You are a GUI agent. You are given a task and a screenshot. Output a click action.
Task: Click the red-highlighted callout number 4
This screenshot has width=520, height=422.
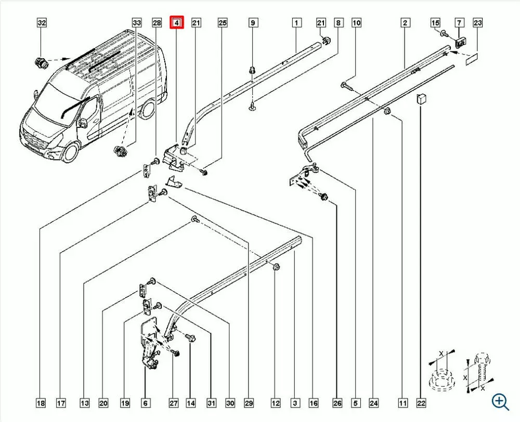176,23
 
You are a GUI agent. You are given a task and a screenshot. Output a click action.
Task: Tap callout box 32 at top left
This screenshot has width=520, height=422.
42,23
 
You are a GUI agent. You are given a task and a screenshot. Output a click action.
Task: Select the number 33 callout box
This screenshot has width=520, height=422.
137,23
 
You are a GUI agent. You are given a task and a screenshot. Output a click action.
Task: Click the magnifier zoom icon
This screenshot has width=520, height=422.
500,402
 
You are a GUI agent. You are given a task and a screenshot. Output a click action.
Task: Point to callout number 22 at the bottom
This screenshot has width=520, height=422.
421,403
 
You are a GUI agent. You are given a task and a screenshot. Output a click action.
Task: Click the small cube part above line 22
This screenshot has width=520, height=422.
421,98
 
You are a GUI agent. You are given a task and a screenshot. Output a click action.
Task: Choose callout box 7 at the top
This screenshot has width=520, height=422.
459,23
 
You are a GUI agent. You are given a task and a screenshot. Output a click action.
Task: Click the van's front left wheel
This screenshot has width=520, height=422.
71,153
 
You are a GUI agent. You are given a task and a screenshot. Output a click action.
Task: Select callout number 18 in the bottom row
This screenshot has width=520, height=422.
41,403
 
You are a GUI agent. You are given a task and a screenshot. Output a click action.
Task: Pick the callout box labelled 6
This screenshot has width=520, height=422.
145,403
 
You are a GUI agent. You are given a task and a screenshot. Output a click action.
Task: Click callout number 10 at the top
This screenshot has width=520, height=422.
356,23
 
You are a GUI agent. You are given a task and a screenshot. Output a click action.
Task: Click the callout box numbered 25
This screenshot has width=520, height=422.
223,23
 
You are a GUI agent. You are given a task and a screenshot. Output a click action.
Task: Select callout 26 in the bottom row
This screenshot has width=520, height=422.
337,403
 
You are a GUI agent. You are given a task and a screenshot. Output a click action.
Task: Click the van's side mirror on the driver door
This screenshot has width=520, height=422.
82,123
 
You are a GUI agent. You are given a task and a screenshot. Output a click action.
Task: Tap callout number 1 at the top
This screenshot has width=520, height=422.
296,23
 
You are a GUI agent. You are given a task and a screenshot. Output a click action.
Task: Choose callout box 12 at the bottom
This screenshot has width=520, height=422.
276,403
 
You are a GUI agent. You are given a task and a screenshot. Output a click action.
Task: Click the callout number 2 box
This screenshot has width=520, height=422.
405,23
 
